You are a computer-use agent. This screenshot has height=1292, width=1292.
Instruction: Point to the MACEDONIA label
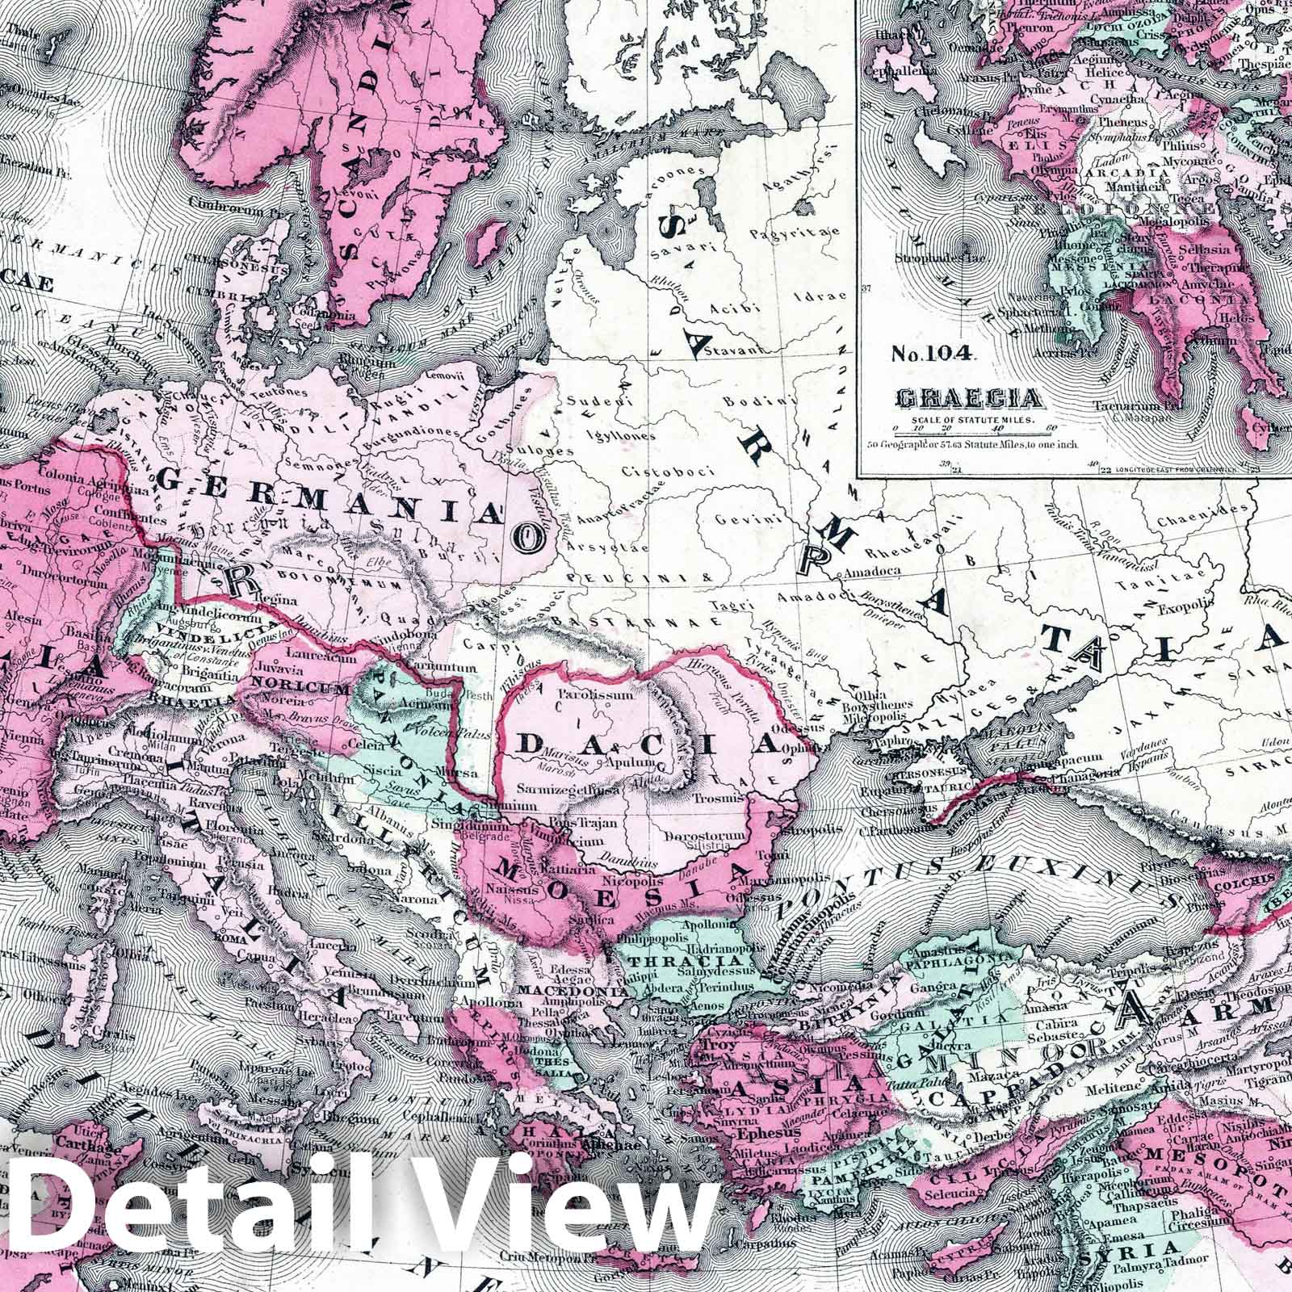574,990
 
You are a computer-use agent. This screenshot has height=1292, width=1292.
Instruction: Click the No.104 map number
933,352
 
